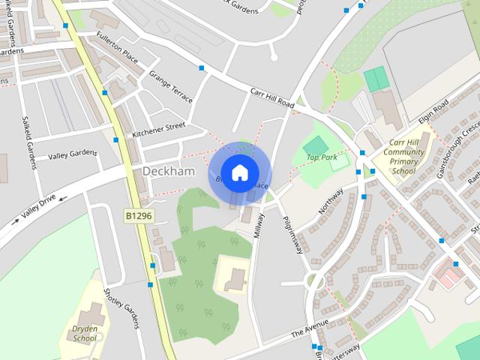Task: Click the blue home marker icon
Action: coord(239,172)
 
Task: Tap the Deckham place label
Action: coord(168,171)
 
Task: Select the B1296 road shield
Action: coord(138,215)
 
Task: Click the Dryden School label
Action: coord(84,332)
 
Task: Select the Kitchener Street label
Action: coord(158,129)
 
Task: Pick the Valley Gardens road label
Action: coord(73,154)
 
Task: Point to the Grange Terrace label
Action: coord(170,87)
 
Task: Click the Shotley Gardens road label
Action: coord(121,307)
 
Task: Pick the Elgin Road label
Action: coord(433,112)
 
